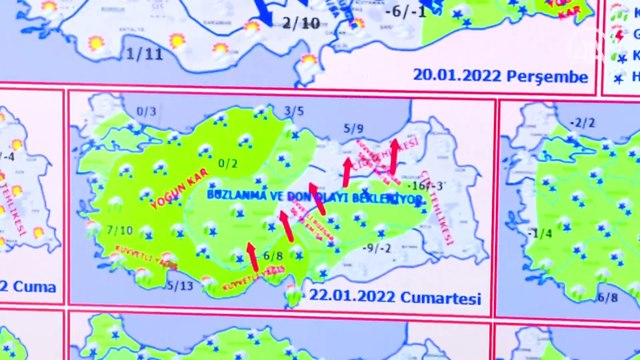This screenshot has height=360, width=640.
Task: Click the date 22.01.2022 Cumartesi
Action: click(395, 298)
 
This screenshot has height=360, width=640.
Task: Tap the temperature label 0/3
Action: click(147, 111)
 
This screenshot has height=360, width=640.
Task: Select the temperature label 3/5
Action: click(294, 111)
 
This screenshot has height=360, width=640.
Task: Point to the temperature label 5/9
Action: click(355, 128)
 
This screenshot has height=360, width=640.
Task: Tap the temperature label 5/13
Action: click(181, 286)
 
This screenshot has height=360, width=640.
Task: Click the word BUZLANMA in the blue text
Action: click(237, 196)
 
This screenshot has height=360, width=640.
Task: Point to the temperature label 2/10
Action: click(301, 22)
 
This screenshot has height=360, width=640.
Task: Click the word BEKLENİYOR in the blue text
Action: click(391, 199)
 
